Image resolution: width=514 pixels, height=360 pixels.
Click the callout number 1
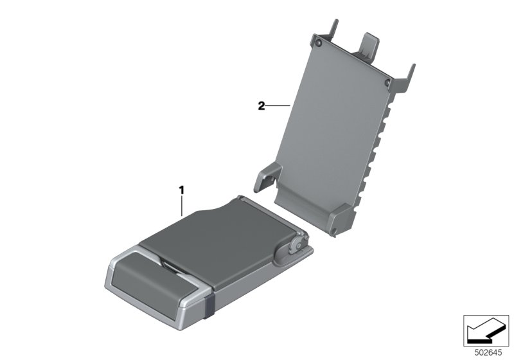click(181, 190)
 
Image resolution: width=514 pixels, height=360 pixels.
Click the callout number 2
click(261, 106)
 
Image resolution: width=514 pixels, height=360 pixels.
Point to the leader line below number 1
click(182, 206)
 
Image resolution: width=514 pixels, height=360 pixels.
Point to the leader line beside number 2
click(278, 105)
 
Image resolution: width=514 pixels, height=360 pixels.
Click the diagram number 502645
click(488, 353)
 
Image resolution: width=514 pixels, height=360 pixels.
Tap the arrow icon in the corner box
click(485, 330)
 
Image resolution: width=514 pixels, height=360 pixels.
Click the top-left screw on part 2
click(317, 43)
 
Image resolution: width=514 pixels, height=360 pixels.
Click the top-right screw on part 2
click(387, 82)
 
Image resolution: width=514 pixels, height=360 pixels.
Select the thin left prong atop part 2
click(333, 29)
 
